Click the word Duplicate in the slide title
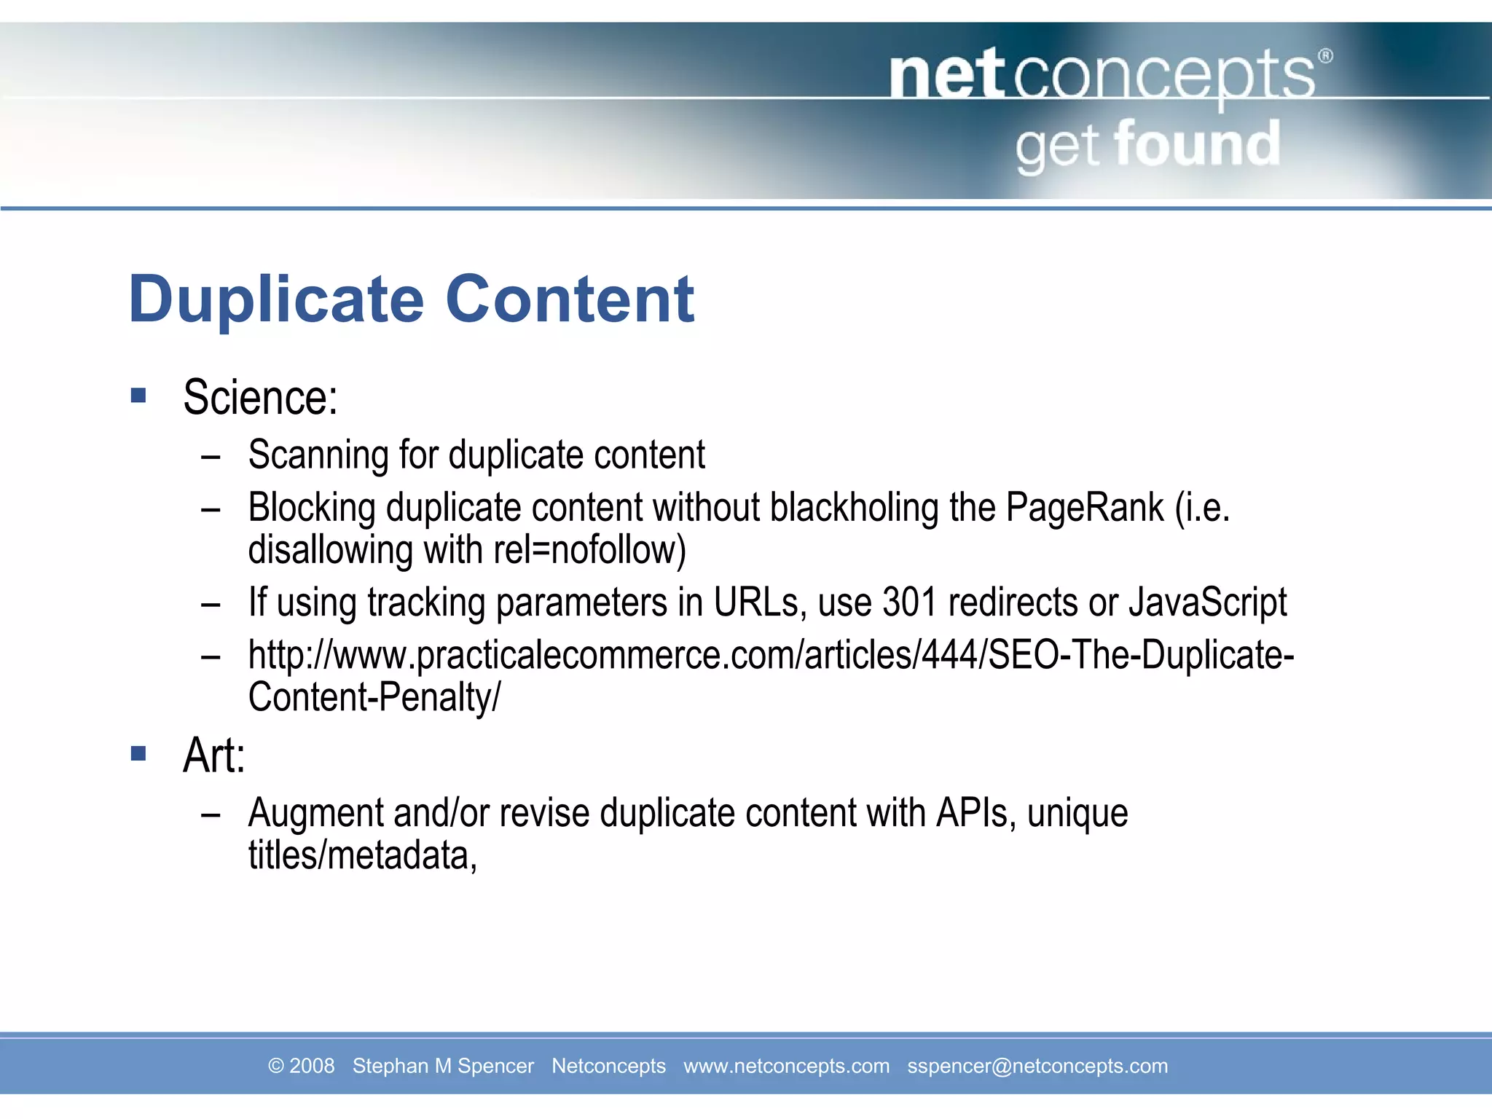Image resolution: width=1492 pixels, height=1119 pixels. pyautogui.click(x=276, y=299)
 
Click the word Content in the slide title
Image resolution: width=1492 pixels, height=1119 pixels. pyautogui.click(x=570, y=299)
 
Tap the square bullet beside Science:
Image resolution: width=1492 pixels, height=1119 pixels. pyautogui.click(x=138, y=396)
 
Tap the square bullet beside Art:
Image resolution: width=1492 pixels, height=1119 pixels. pyautogui.click(x=138, y=753)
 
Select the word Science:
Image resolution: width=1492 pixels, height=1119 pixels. pyautogui.click(x=260, y=398)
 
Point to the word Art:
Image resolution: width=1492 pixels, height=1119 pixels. pyautogui.click(x=214, y=755)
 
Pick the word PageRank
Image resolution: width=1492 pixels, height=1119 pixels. pyautogui.click(x=1085, y=507)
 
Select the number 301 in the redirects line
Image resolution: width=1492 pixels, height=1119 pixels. pyautogui.click(x=909, y=602)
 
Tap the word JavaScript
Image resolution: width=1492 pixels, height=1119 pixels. pyautogui.click(x=1208, y=602)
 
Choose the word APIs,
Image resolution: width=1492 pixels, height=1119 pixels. pyautogui.click(x=976, y=813)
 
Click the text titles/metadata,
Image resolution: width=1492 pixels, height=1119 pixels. pyautogui.click(x=362, y=855)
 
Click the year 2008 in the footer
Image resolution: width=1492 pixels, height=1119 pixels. pyautogui.click(x=312, y=1066)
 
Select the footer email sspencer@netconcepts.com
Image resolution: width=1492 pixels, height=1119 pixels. pyautogui.click(x=1037, y=1066)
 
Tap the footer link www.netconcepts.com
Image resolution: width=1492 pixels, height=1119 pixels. pyautogui.click(x=786, y=1066)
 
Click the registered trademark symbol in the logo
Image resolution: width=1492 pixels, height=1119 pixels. pyautogui.click(x=1326, y=56)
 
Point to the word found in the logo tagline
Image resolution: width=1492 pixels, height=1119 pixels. pyautogui.click(x=1197, y=145)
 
